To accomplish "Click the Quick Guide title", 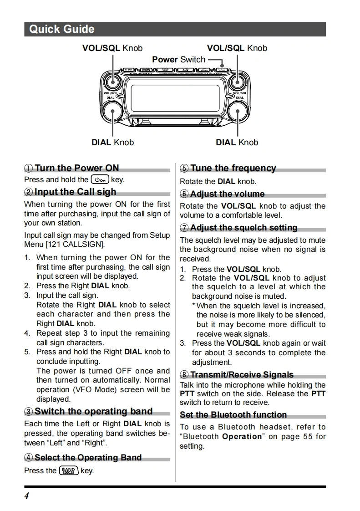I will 62,29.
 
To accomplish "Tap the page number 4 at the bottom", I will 26,496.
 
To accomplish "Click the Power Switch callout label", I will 179,60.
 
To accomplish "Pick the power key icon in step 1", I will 100,180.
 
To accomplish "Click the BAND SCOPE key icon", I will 69,470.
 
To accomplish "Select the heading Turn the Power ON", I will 76,168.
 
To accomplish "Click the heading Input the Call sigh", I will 75,192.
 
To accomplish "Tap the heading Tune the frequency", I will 233,169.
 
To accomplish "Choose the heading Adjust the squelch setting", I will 243,228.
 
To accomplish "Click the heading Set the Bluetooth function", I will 233,415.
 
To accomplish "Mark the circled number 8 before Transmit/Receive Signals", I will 184,375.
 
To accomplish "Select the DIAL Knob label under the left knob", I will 113,143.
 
